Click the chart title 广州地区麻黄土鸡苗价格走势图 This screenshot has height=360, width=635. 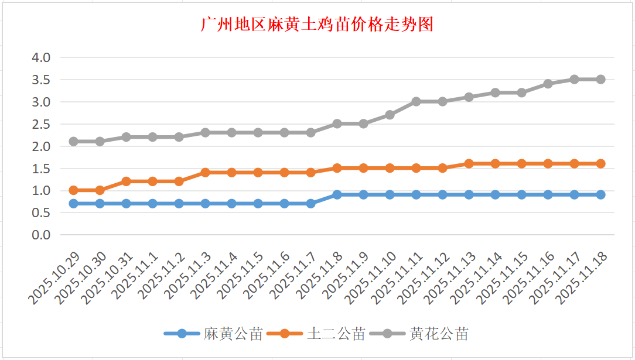point(317,25)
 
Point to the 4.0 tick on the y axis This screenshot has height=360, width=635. point(40,57)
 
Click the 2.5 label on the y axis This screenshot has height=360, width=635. point(40,124)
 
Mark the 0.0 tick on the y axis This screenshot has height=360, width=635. point(40,235)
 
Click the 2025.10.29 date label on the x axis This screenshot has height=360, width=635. point(54,279)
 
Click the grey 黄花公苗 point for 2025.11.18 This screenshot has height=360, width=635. point(600,79)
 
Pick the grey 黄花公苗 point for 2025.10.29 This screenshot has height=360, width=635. point(74,141)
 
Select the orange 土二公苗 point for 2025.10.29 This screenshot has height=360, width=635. point(74,190)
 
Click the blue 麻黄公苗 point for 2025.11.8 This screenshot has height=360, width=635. point(337,194)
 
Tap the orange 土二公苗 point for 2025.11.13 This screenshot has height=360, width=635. point(469,163)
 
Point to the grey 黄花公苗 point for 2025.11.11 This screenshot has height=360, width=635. point(416,101)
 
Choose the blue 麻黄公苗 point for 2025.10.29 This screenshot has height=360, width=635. point(74,203)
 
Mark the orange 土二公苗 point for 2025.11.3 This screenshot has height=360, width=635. point(206,172)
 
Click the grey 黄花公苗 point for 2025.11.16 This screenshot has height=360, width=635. point(548,84)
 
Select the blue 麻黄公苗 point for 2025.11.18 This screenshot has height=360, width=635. point(600,194)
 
